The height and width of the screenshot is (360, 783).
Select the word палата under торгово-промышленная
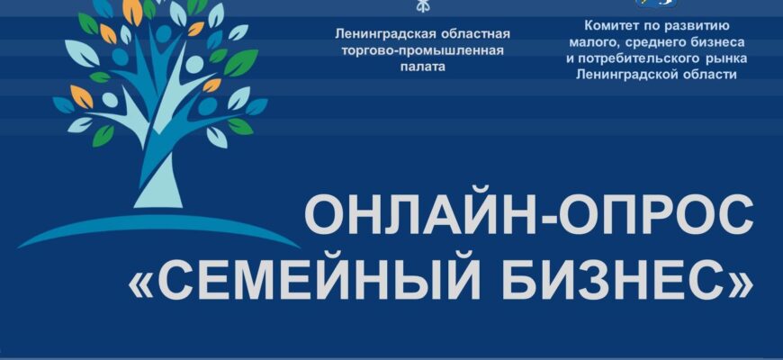tap(423, 67)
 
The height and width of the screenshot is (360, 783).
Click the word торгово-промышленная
tap(423, 51)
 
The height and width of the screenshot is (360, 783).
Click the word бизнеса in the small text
tap(718, 42)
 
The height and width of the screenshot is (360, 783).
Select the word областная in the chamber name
tap(475, 34)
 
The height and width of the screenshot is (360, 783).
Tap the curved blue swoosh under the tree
tap(158, 229)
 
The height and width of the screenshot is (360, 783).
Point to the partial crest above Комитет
tap(656, 3)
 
